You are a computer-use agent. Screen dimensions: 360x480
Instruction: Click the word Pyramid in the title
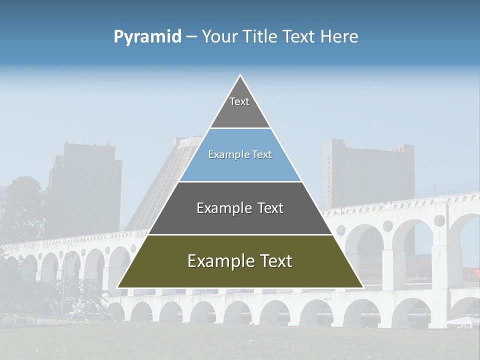coord(147,37)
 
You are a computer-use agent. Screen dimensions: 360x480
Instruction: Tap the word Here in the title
coord(339,37)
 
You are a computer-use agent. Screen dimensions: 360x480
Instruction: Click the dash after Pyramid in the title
coord(191,37)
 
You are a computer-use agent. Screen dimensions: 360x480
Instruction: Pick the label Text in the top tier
coord(239,101)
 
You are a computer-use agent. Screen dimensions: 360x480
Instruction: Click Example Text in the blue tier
coord(240,154)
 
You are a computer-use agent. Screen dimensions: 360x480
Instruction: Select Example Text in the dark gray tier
coord(240,208)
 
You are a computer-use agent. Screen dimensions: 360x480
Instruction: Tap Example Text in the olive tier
coord(240,261)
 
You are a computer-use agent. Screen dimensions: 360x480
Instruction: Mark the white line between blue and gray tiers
coord(240,181)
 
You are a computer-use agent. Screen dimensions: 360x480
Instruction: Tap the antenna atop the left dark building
coord(90,136)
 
